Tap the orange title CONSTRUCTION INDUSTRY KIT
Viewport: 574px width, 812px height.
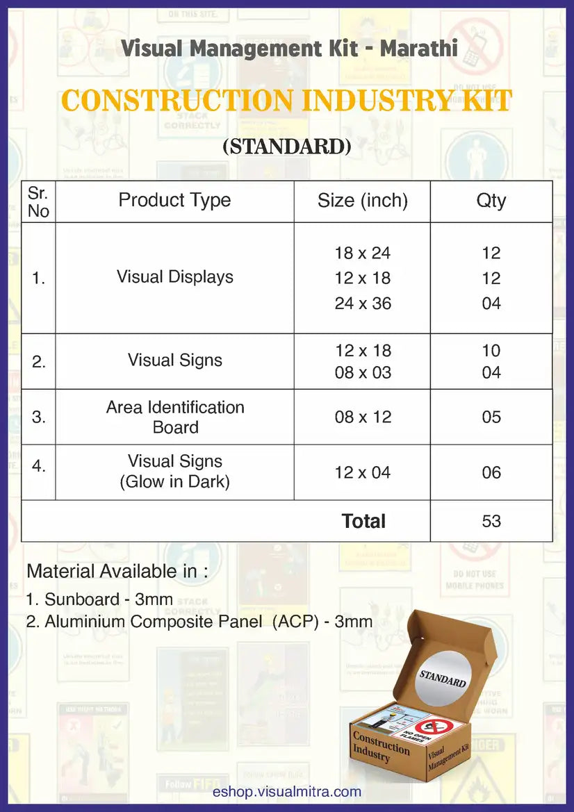[x=286, y=101]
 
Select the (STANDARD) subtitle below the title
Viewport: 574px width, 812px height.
[x=286, y=147]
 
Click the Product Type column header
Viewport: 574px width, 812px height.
[x=174, y=201]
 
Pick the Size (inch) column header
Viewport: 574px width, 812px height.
[x=362, y=201]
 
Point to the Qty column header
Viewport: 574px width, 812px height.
[x=491, y=201]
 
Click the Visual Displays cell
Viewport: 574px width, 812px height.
[x=174, y=277]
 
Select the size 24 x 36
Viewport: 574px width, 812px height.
[x=362, y=304]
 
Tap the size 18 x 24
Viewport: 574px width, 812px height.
[x=362, y=253]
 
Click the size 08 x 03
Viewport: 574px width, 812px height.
[x=362, y=373]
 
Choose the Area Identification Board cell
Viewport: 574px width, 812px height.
[x=175, y=417]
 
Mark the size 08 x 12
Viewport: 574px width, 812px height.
[x=362, y=417]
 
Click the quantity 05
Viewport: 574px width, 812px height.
[x=491, y=417]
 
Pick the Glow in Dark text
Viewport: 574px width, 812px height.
[x=174, y=481]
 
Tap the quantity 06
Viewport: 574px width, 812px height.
[x=491, y=473]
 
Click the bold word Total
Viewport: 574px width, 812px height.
[x=363, y=521]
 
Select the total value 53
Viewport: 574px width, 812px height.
[x=491, y=521]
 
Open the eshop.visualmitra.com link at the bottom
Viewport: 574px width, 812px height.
[x=286, y=791]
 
